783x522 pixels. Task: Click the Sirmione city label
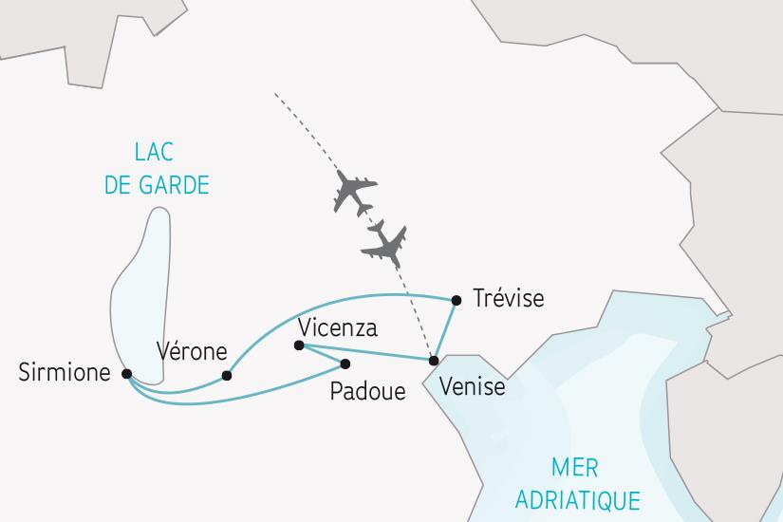(x=65, y=373)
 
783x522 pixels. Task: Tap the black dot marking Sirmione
(x=127, y=374)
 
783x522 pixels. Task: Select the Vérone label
(x=192, y=351)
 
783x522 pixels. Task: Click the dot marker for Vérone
(x=227, y=376)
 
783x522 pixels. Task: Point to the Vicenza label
(x=337, y=328)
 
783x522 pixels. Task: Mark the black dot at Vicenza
(x=299, y=346)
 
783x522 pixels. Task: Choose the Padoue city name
(x=367, y=391)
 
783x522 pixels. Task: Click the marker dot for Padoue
(x=345, y=364)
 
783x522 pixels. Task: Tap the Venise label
(x=473, y=387)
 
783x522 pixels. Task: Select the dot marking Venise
(x=434, y=361)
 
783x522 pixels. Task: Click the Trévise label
(x=507, y=299)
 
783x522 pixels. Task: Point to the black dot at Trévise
(x=457, y=301)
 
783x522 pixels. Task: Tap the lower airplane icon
(x=385, y=244)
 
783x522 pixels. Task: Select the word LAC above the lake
(x=157, y=153)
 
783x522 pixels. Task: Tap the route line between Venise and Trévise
(x=446, y=329)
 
